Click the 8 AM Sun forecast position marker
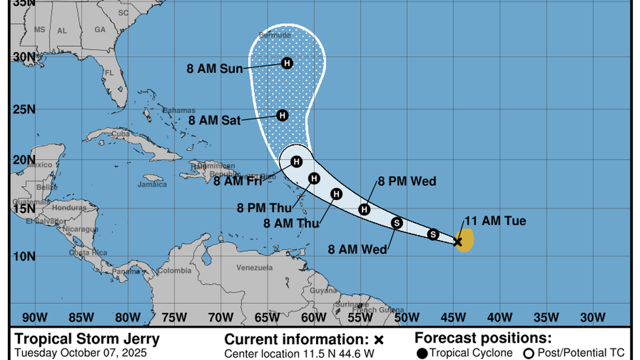click(x=287, y=63)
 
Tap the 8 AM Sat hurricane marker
click(x=282, y=115)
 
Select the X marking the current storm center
click(x=458, y=241)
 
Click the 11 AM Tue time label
click(x=495, y=221)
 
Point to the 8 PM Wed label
click(x=406, y=181)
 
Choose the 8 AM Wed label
click(x=358, y=249)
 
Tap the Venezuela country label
click(x=255, y=267)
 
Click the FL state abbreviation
click(x=109, y=73)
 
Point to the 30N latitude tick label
click(x=24, y=57)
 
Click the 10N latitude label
click(x=24, y=257)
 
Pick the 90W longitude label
click(x=35, y=317)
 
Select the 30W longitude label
click(x=591, y=317)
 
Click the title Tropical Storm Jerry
click(x=87, y=339)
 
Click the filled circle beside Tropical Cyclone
click(x=422, y=353)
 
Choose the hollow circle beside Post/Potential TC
click(x=528, y=353)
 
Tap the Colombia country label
click(x=174, y=271)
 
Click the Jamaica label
click(x=152, y=184)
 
